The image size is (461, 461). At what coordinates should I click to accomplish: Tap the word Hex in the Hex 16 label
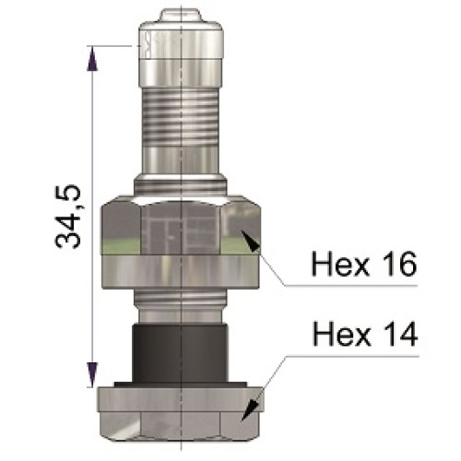point(337,264)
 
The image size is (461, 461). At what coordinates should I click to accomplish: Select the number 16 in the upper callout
point(397,264)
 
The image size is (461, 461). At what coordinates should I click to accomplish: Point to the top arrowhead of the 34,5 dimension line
point(91,55)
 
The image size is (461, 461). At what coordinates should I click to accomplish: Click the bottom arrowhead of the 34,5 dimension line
point(91,376)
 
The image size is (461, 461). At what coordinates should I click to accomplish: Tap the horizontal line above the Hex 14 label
point(350,352)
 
